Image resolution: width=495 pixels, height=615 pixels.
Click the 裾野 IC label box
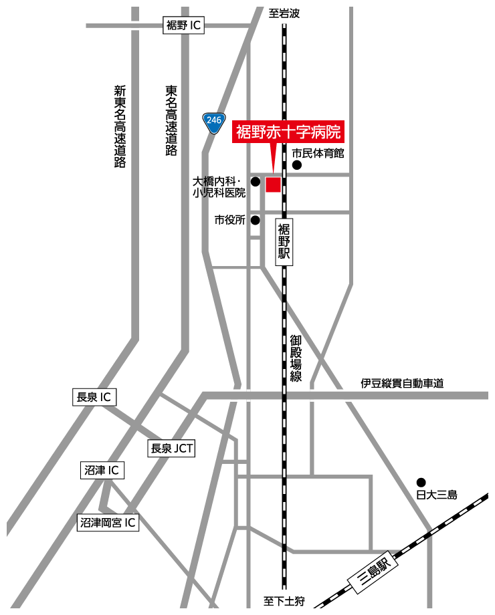pos(183,26)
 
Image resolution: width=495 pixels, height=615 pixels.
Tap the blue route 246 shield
pos(213,122)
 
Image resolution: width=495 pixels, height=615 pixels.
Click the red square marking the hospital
pos(273,184)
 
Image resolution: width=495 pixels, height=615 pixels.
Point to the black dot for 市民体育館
pos(296,165)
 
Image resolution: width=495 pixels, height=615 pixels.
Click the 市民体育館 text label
pos(318,154)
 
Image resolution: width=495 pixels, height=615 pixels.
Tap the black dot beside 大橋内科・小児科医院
pos(255,181)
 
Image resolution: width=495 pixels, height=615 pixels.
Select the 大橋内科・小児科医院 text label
pos(219,187)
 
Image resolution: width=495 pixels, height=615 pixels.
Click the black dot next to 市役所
pos(255,219)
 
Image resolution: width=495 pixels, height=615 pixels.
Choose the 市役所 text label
pos(229,220)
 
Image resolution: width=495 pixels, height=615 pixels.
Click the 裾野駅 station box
pos(284,242)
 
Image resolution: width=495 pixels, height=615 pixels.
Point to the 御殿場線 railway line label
pos(296,358)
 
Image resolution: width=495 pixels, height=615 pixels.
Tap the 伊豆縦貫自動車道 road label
pos(402,384)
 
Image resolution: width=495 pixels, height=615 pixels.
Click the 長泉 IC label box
pos(94,397)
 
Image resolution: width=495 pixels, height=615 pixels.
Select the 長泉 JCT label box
pos(171,449)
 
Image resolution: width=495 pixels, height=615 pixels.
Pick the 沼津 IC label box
pos(102,471)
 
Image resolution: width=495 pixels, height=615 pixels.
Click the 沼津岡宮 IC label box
pos(108,523)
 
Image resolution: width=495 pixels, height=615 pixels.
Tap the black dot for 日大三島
pos(421,482)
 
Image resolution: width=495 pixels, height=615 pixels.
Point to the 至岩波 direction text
pos(284,13)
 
